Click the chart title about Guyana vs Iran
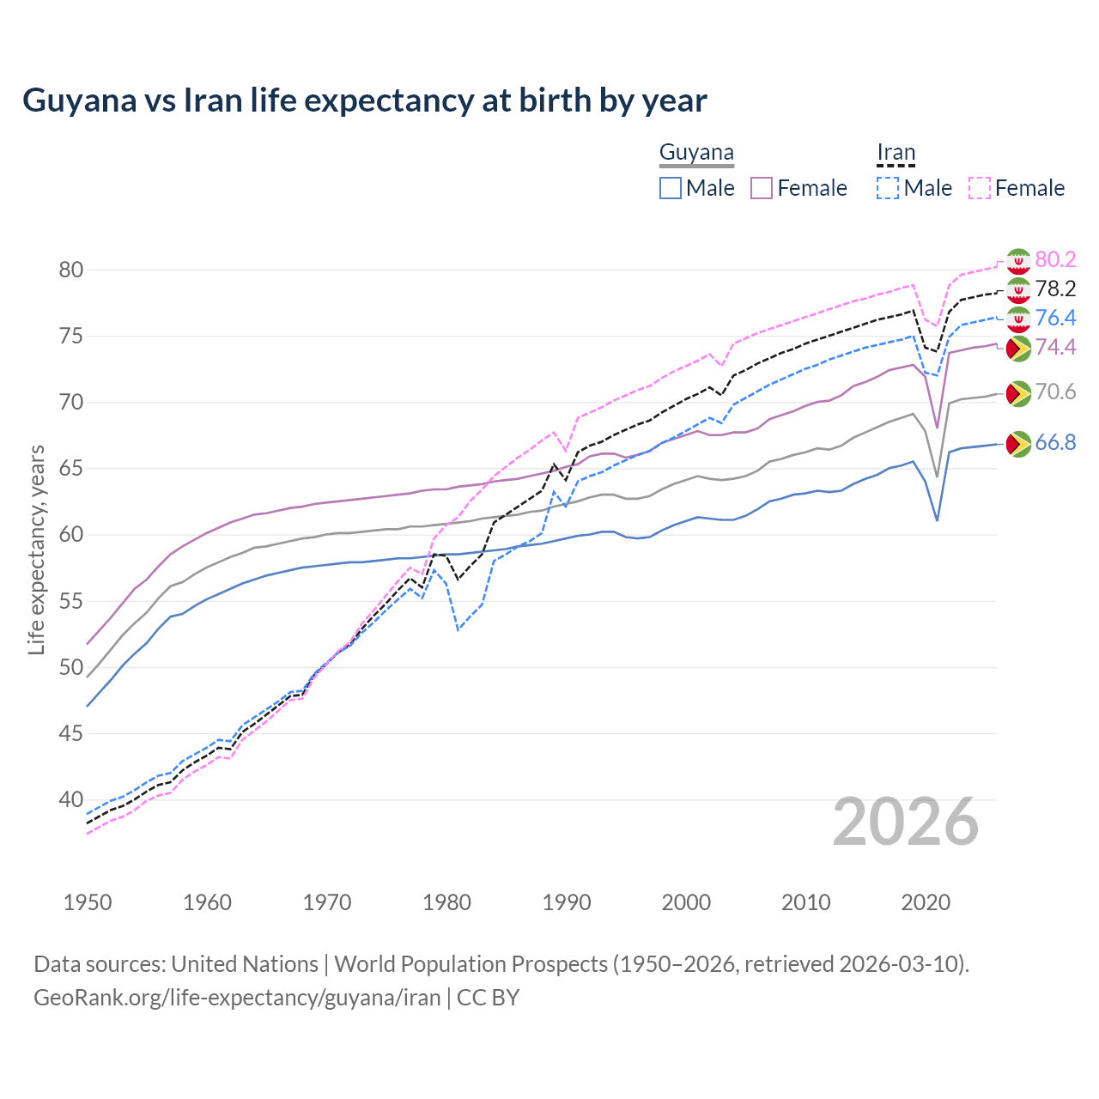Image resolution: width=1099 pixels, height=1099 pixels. tap(365, 100)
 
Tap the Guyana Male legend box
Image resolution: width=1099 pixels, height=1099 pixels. tap(671, 188)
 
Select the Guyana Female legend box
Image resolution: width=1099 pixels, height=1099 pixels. tap(762, 188)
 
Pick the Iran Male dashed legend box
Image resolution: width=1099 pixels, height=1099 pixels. tap(888, 188)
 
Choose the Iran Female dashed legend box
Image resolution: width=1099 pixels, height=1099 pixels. tap(980, 188)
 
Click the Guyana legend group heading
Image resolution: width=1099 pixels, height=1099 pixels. tap(696, 153)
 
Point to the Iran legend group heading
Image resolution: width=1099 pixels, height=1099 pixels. tap(896, 153)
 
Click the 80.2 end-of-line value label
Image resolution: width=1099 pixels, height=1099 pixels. tap(1055, 259)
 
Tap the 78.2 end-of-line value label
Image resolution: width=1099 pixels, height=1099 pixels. tap(1055, 288)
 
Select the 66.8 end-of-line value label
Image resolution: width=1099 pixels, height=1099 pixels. tap(1055, 442)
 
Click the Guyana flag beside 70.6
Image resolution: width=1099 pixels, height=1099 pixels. tap(1017, 393)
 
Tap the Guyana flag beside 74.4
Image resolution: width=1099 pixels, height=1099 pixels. tap(1017, 348)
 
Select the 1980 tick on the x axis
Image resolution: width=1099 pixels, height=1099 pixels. tap(446, 902)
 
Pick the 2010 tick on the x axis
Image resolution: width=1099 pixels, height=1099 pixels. tap(805, 902)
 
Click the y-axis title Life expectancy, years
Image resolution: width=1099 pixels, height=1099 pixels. tap(36, 549)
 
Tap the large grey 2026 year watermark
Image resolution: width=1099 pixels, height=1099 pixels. tap(906, 822)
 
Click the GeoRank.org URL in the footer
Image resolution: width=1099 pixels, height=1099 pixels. tap(237, 998)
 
